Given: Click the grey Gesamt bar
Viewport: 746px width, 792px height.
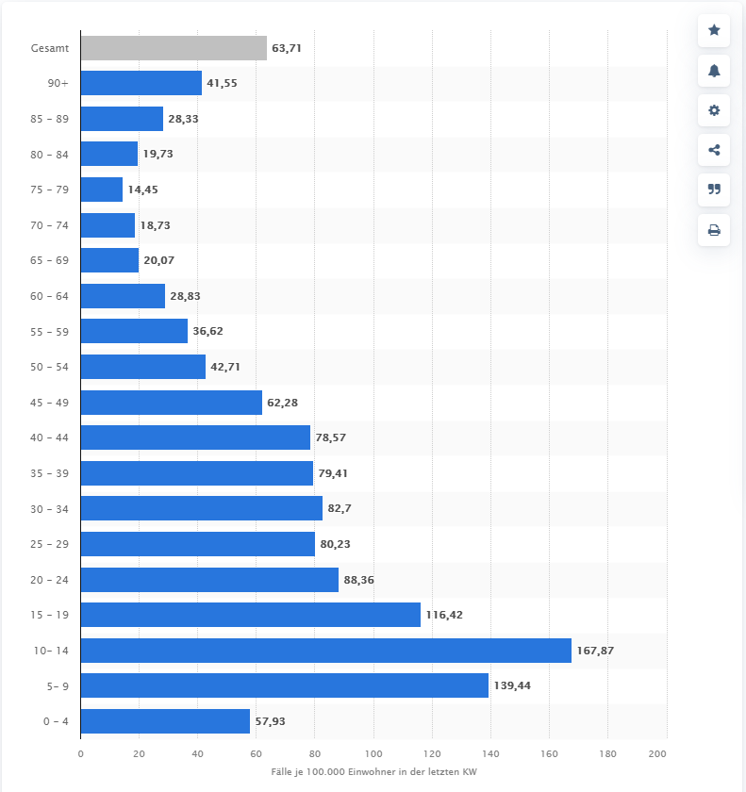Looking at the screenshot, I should tap(174, 48).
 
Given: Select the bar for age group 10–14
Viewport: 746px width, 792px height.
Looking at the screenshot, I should tap(325, 651).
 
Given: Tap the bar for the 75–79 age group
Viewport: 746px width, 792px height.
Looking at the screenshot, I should tap(102, 190).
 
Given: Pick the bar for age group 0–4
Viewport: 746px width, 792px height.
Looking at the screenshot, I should tap(165, 721).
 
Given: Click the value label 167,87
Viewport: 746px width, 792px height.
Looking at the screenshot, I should tap(595, 651).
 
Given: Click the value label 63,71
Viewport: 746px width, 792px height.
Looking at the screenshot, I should tap(287, 48).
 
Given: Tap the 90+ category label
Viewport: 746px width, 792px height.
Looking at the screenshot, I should tap(58, 84).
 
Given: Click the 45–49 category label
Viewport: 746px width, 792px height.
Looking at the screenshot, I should tap(49, 403).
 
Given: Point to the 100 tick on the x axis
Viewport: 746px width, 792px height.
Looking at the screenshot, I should tap(373, 754).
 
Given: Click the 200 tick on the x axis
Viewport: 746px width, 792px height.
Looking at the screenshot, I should tap(658, 754).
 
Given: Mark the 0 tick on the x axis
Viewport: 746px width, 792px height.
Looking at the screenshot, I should tap(81, 754).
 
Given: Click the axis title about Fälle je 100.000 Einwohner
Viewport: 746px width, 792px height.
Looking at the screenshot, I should tap(373, 773).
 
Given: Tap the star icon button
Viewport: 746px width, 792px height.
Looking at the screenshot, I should tap(714, 31).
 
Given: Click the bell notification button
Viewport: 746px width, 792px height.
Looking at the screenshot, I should tap(714, 71).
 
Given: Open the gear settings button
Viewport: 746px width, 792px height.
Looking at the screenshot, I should tap(714, 110).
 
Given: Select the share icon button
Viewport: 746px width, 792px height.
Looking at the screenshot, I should tap(714, 150).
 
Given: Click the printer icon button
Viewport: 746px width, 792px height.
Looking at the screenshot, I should tap(714, 229).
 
